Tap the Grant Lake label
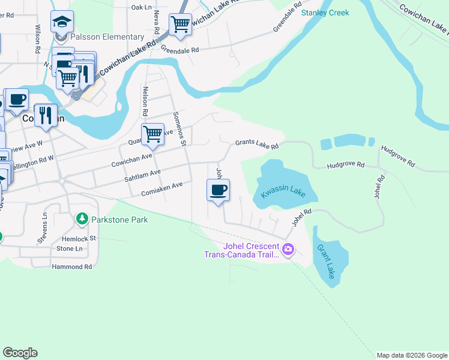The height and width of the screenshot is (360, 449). (x=327, y=262)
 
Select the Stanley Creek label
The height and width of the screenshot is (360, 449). (x=325, y=13)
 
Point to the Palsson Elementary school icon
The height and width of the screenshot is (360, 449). (x=62, y=22)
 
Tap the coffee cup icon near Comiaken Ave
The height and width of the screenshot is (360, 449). (x=218, y=191)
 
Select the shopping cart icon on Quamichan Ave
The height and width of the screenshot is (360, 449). (x=153, y=133)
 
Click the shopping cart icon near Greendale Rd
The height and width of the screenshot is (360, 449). (x=180, y=25)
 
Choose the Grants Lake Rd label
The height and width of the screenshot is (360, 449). (x=257, y=144)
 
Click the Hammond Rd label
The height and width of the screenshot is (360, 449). (x=71, y=266)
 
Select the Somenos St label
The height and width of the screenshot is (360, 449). (x=179, y=128)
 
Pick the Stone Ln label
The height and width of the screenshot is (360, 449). (x=69, y=248)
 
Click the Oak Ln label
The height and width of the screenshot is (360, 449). (x=142, y=7)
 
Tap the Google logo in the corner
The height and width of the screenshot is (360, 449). (x=20, y=353)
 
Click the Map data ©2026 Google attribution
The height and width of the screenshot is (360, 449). (x=412, y=355)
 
